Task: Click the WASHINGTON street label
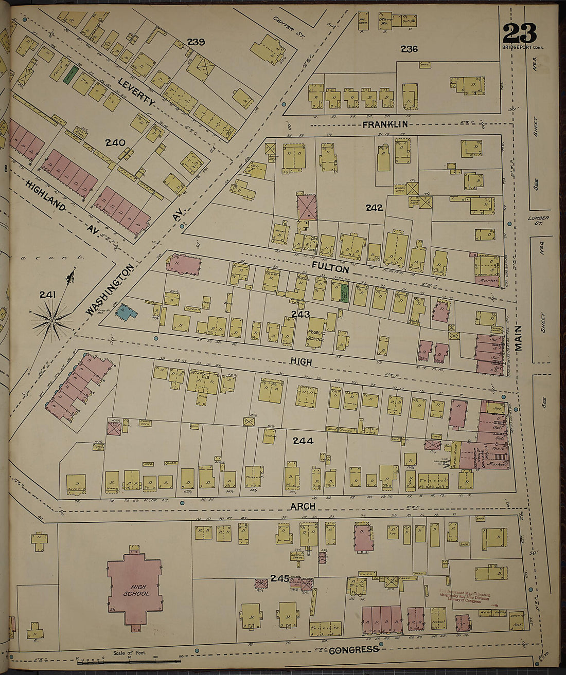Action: click(x=110, y=290)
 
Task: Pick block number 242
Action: click(x=374, y=208)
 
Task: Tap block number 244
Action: click(x=303, y=440)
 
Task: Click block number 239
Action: click(x=196, y=42)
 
